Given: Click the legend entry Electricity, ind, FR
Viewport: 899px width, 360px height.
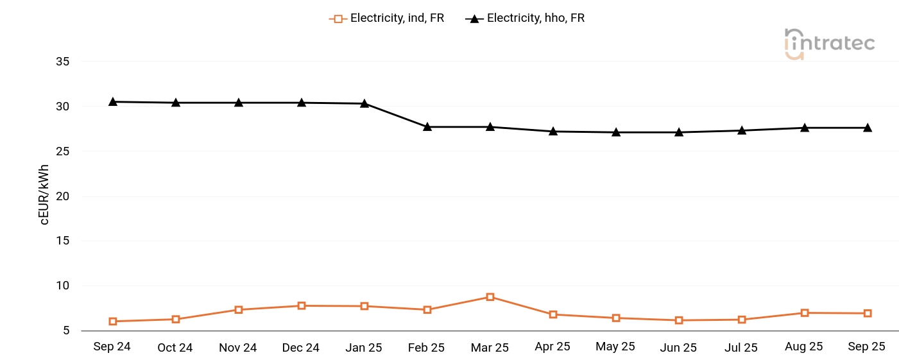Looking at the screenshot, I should (x=386, y=18).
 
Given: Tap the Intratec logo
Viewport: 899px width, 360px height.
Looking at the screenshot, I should (x=829, y=44).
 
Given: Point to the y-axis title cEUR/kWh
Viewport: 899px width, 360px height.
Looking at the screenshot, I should (x=44, y=194).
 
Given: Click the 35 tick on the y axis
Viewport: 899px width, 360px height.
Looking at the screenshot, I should (x=62, y=62).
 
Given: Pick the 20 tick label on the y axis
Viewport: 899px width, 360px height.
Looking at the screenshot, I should (x=62, y=196).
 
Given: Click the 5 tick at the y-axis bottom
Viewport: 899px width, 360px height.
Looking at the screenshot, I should (x=65, y=331).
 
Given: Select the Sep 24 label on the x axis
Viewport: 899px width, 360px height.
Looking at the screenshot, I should (x=112, y=347).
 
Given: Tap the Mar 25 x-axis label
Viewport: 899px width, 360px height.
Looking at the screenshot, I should (x=490, y=347).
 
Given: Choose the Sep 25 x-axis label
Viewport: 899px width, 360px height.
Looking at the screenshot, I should (x=866, y=347).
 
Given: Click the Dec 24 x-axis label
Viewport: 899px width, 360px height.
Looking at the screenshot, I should (x=300, y=347).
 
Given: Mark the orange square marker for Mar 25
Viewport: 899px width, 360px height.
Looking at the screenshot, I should (x=490, y=297).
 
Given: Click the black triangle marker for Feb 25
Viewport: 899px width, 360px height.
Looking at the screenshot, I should (x=427, y=127).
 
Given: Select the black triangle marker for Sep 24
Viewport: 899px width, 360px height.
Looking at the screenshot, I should (x=113, y=101).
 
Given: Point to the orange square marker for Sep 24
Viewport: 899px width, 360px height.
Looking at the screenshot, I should (x=113, y=321).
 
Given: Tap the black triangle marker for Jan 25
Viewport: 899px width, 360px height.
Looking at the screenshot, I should (x=364, y=103).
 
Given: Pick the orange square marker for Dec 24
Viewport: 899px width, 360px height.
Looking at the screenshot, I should (x=302, y=306).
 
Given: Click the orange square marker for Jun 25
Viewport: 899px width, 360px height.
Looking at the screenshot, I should (x=679, y=320).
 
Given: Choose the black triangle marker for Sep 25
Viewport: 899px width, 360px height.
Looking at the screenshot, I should (x=868, y=128).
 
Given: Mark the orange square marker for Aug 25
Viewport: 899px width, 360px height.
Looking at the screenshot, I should (x=805, y=313).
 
